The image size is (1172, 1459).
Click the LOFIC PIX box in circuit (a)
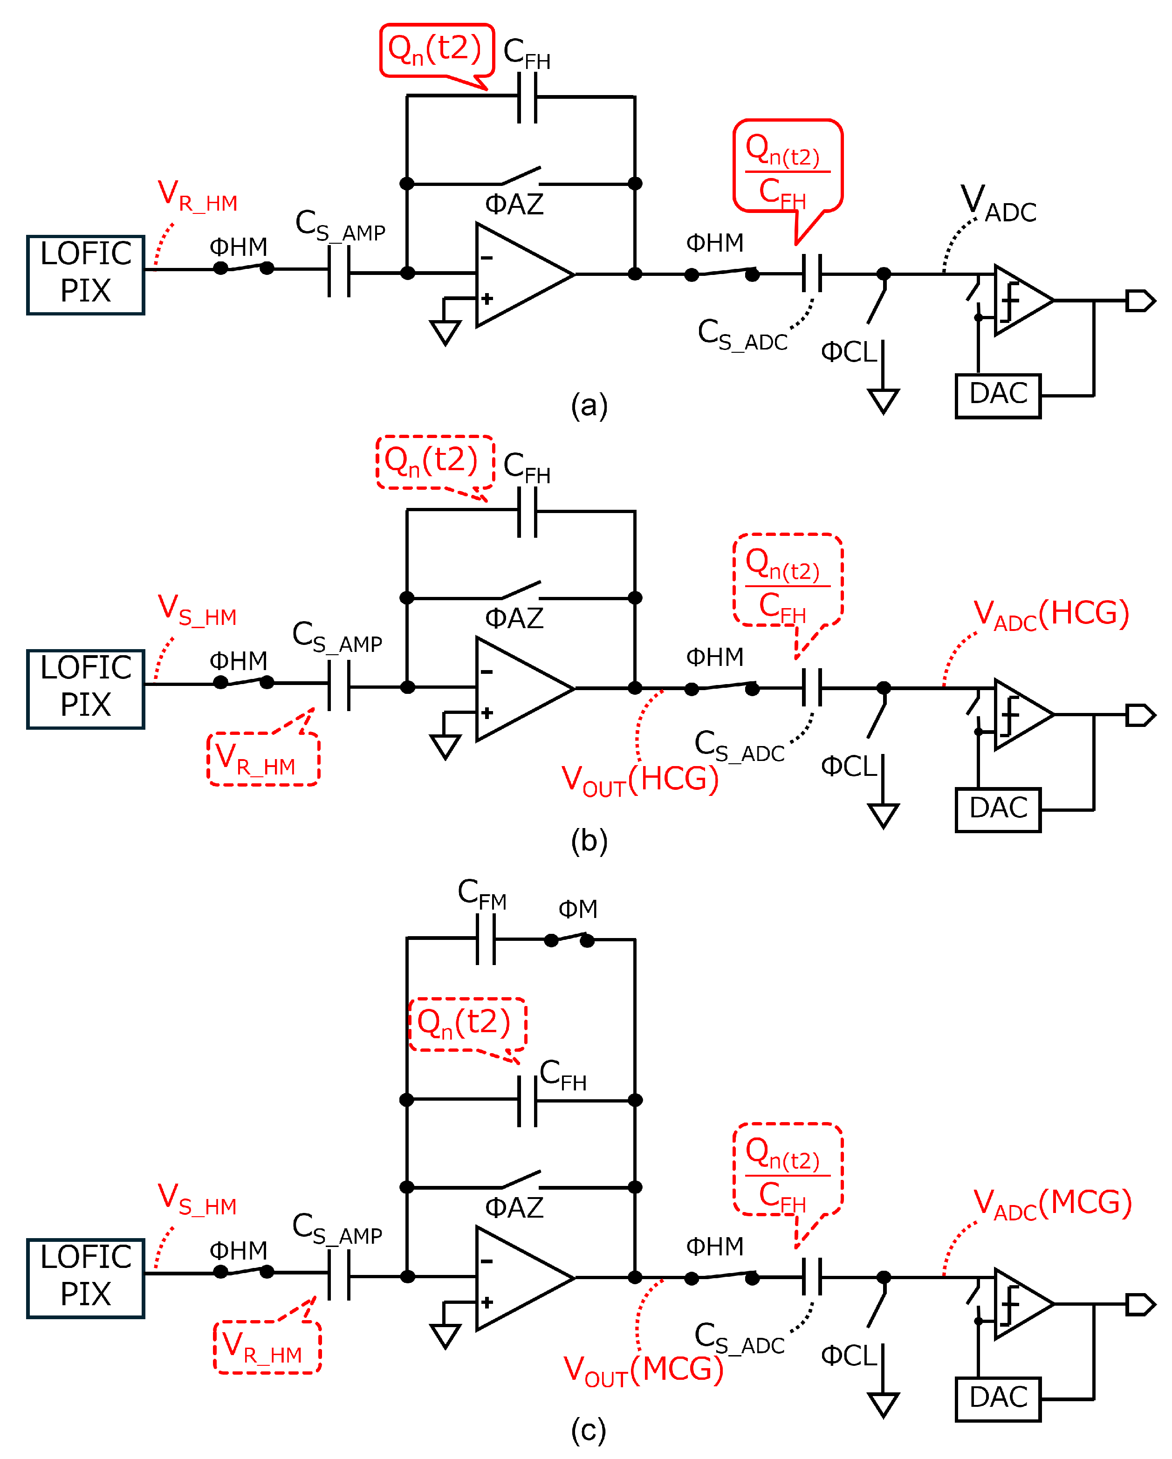85,275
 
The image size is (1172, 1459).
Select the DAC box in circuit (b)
997,809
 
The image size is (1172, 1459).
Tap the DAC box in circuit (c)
997,1399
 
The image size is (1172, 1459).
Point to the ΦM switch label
577,909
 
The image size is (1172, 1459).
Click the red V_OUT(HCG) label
639,780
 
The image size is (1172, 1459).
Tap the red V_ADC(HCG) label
1051,615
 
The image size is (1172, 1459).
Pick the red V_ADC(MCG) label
1052,1205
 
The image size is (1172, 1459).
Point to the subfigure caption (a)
589,405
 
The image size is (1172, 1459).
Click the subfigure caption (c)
588,1430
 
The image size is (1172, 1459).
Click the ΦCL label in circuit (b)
848,767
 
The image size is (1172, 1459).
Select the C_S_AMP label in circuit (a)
340,226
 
